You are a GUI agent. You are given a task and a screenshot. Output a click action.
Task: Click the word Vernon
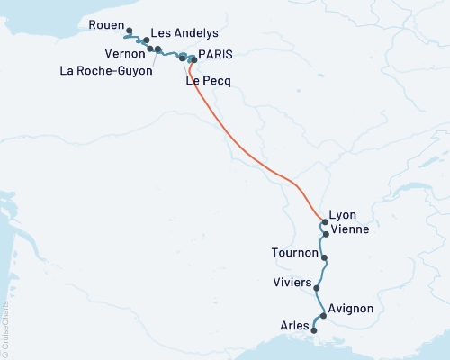[120, 54]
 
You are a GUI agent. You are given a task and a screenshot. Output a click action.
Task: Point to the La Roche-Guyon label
[103, 70]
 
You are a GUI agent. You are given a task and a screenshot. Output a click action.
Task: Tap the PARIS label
[215, 54]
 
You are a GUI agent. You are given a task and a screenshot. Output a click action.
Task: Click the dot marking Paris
[193, 60]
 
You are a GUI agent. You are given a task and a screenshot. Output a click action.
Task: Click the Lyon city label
[343, 215]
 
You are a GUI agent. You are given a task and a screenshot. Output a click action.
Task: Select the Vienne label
[349, 229]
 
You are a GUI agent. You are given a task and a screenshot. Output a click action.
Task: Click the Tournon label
[294, 253]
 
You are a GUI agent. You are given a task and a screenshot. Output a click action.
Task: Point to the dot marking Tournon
[325, 258]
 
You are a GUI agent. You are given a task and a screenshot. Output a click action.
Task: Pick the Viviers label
[291, 283]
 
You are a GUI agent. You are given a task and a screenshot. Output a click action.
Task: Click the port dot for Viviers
[316, 289]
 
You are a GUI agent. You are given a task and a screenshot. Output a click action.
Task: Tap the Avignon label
[352, 309]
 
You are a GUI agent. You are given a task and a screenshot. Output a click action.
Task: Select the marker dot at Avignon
[324, 316]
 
